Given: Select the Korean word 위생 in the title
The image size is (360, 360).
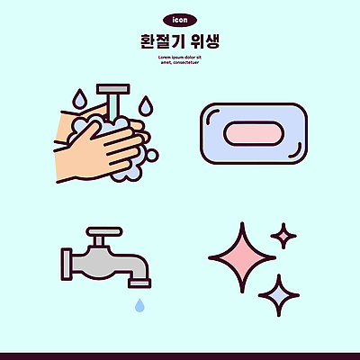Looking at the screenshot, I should (205, 41).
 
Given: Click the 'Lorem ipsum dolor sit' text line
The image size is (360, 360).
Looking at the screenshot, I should (179, 56).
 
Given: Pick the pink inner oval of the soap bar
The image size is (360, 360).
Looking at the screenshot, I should (254, 134).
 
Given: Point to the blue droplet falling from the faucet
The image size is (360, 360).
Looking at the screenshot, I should (139, 306).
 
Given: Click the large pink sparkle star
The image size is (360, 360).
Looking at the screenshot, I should (241, 256).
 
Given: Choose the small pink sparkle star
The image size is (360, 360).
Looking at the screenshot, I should (283, 237).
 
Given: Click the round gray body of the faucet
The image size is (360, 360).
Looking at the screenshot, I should (103, 260).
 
